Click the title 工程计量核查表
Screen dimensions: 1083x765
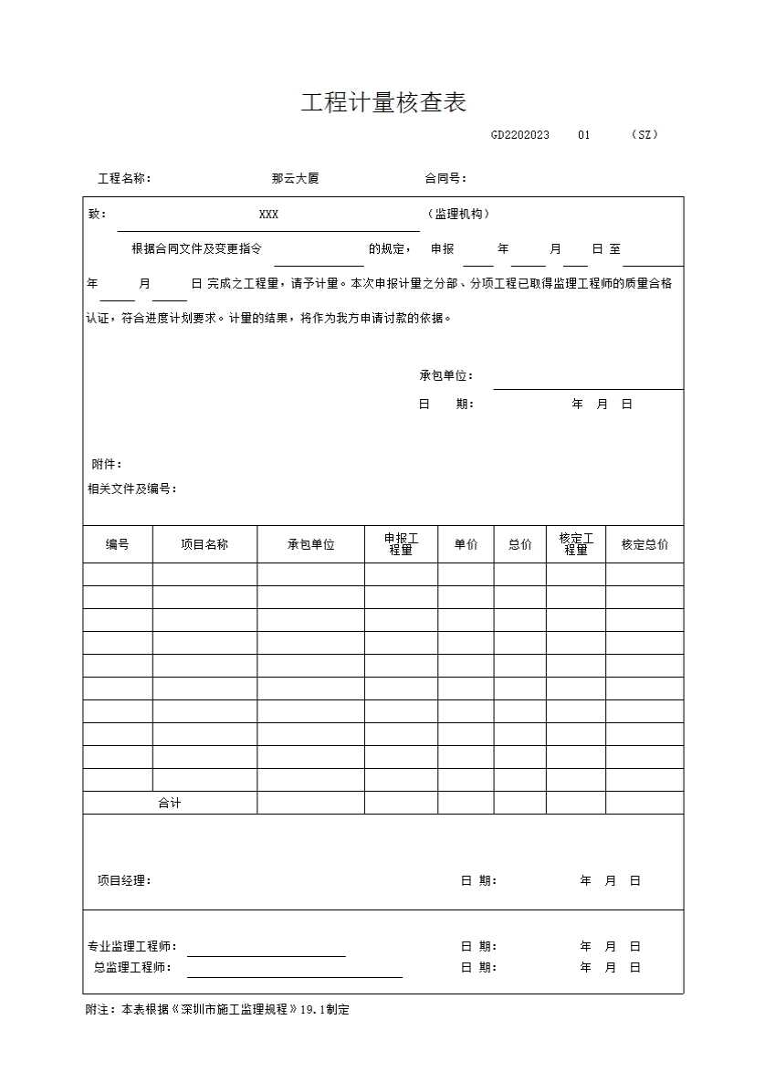point(383,103)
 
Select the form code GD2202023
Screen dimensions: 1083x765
point(519,135)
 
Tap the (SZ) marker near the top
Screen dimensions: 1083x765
point(644,135)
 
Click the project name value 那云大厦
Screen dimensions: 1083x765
point(295,179)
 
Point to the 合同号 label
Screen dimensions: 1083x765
point(445,179)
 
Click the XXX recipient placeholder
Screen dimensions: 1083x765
point(268,215)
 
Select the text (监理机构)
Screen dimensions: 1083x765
point(458,215)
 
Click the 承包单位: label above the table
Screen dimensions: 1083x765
point(445,376)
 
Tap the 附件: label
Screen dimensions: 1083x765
point(107,465)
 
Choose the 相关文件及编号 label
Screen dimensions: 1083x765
point(131,489)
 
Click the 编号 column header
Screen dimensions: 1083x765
point(118,544)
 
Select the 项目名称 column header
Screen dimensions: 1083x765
point(204,544)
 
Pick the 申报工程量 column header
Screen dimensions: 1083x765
point(401,544)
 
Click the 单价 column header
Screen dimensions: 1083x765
point(466,544)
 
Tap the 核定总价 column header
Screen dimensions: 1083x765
point(644,544)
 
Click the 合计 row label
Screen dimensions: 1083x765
point(170,804)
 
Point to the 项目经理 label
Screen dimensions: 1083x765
point(124,881)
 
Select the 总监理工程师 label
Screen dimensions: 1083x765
point(132,968)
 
